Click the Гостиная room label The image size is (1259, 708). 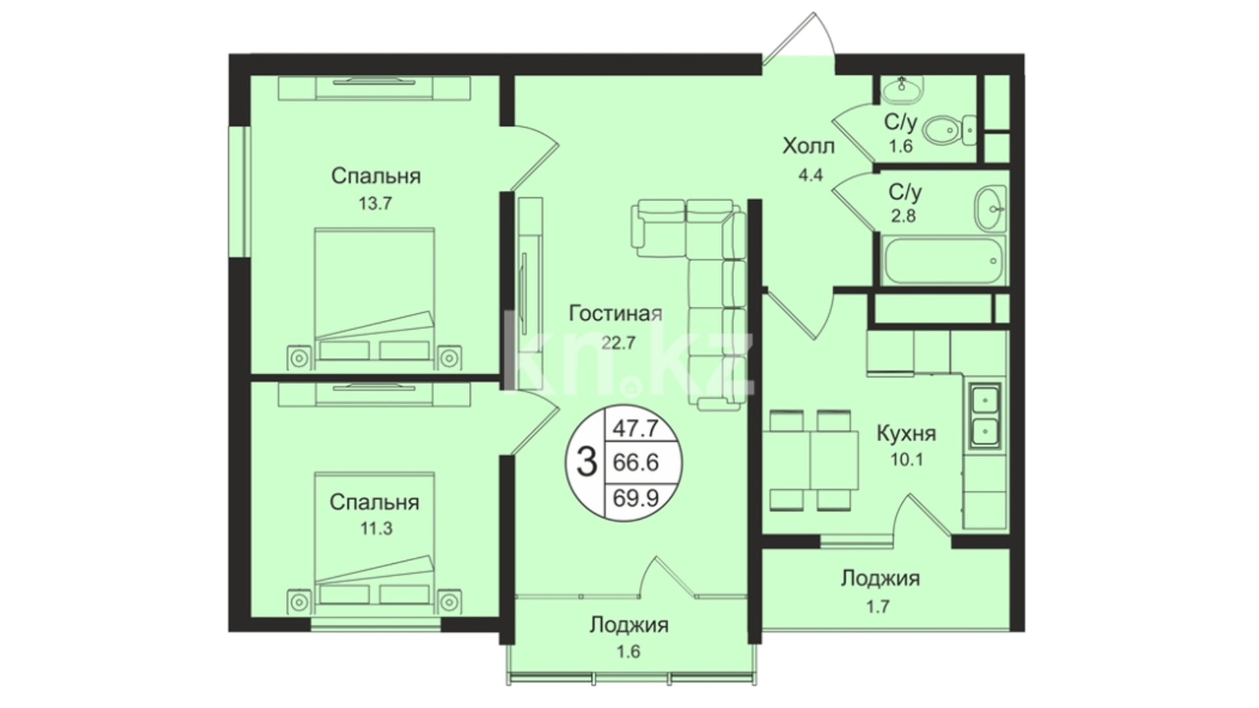(x=615, y=313)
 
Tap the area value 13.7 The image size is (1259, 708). (x=375, y=203)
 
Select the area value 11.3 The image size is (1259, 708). (x=376, y=528)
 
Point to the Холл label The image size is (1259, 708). (x=809, y=146)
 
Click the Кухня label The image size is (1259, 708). (x=906, y=433)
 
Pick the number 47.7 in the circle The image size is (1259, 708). (x=635, y=429)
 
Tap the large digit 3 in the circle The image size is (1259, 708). (x=586, y=462)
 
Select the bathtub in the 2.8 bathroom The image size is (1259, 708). (x=944, y=261)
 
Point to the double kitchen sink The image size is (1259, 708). (x=985, y=415)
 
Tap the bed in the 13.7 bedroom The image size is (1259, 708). (x=374, y=298)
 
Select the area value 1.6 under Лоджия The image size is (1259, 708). (x=628, y=652)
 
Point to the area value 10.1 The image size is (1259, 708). (x=906, y=460)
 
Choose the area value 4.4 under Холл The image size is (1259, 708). (x=810, y=176)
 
